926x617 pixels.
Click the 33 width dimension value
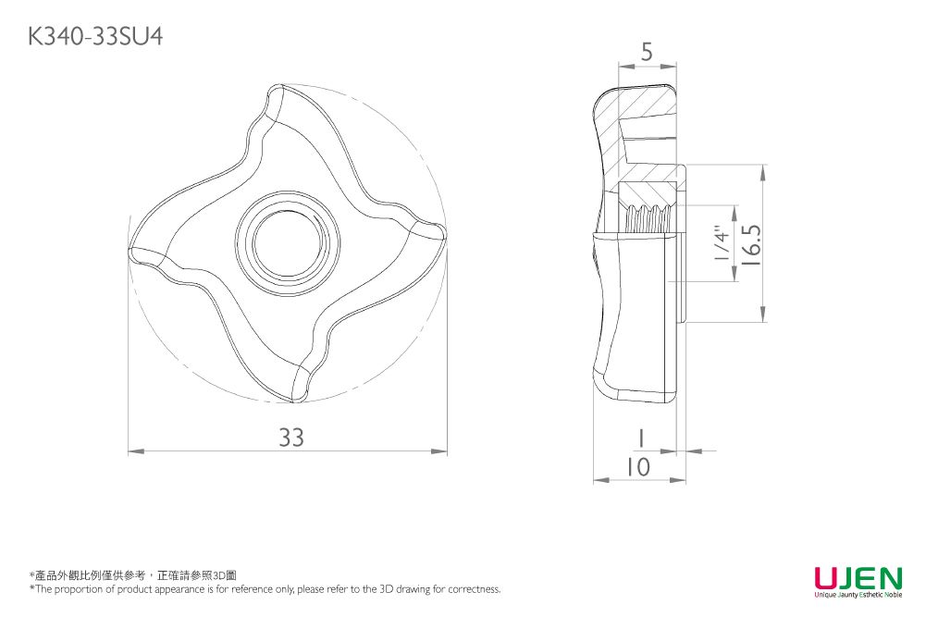coord(291,438)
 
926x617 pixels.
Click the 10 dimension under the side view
coord(637,467)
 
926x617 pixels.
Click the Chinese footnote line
coord(133,575)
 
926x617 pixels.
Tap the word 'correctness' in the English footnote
coord(475,589)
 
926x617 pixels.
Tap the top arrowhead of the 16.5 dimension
coord(763,172)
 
